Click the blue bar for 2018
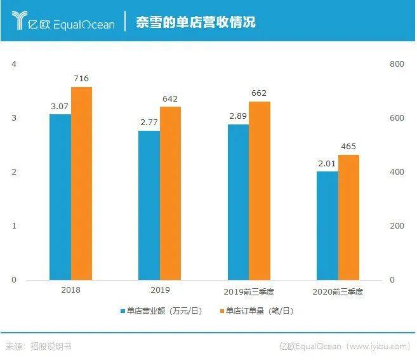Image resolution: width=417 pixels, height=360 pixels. tap(60, 197)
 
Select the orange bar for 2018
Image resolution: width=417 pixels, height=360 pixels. tap(81, 183)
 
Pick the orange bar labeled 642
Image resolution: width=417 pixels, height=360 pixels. tap(170, 193)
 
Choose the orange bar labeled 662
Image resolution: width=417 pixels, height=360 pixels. tap(259, 190)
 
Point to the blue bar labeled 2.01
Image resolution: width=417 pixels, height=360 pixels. tap(328, 225)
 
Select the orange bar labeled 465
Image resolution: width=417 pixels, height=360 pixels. tap(348, 217)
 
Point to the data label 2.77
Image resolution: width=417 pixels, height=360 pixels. tap(149, 123)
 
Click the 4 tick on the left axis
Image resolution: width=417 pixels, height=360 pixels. tap(13, 64)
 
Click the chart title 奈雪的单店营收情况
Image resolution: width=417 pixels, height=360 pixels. tap(195, 22)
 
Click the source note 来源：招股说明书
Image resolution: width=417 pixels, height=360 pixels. tap(38, 346)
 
